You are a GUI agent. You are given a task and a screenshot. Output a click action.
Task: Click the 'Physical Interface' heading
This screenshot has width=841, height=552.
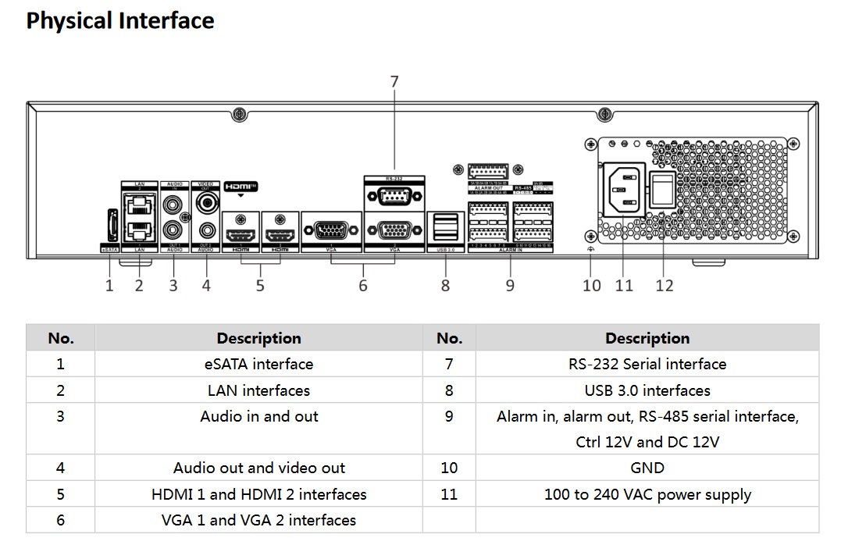point(119,21)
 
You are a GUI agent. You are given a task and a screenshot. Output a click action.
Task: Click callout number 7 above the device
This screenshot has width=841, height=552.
point(394,82)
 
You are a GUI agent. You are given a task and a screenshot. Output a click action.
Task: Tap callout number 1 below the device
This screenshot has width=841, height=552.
point(109,286)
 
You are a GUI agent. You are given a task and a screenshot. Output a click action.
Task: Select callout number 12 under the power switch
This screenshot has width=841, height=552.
point(665,286)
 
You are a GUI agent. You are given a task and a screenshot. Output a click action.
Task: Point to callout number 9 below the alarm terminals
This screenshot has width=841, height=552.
point(510,286)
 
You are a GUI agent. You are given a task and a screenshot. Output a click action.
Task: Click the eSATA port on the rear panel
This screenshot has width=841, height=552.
point(110,226)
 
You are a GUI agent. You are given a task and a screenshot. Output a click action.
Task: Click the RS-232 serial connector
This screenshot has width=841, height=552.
point(394,198)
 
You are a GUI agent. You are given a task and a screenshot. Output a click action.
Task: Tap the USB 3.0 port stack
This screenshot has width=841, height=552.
point(445,227)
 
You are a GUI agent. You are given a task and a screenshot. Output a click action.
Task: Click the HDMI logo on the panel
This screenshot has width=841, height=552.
point(240,187)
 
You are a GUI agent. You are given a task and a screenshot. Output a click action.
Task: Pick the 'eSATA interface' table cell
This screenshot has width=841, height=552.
point(259,364)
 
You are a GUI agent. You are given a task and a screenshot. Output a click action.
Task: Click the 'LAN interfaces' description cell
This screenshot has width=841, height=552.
point(259,390)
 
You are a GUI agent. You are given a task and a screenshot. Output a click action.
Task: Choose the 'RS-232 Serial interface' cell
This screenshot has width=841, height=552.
point(647,364)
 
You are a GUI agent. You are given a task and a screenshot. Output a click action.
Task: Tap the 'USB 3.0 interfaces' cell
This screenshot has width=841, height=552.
point(647,390)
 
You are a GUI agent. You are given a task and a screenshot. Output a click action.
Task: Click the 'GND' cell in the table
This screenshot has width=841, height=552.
point(647,468)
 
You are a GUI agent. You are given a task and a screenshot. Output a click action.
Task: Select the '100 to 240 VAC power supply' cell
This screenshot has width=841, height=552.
point(647,494)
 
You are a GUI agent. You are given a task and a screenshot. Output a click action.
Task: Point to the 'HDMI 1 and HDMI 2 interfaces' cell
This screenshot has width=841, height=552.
point(259,494)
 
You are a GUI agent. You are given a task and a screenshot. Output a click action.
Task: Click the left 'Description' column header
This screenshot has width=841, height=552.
point(259,338)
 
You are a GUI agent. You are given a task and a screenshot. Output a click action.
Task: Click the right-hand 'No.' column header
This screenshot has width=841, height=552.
point(449,338)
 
